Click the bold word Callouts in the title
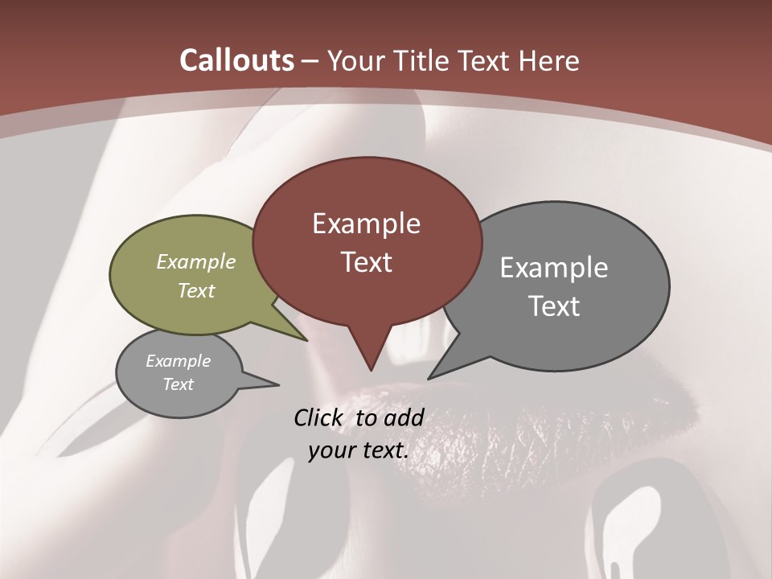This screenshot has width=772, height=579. coord(236,61)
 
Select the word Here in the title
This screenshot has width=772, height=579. coord(550,61)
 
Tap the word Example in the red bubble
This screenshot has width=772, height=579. coord(366,224)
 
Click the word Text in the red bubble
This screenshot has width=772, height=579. coord(366,262)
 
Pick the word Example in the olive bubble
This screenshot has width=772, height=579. coord(196,262)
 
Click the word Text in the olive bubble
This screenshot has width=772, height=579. coord(196,291)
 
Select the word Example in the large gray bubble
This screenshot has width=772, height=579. coord(554,268)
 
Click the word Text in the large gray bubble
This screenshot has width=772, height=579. coord(554,306)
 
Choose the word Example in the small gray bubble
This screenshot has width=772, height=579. coord(178,362)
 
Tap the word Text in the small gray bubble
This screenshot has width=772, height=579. coord(178,384)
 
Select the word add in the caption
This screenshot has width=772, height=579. coord(404,418)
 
